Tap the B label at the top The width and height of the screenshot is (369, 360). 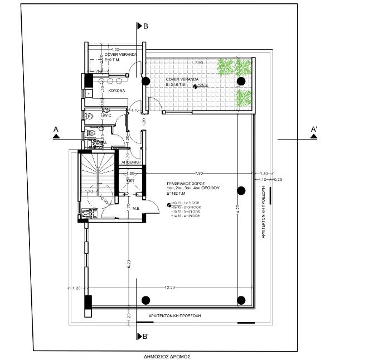tap(145, 26)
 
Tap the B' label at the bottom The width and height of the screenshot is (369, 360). tap(145, 336)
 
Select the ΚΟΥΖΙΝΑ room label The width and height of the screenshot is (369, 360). tap(116, 89)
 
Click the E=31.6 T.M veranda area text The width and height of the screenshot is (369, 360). tap(178, 85)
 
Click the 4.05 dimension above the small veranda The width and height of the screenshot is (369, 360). tap(115, 49)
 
